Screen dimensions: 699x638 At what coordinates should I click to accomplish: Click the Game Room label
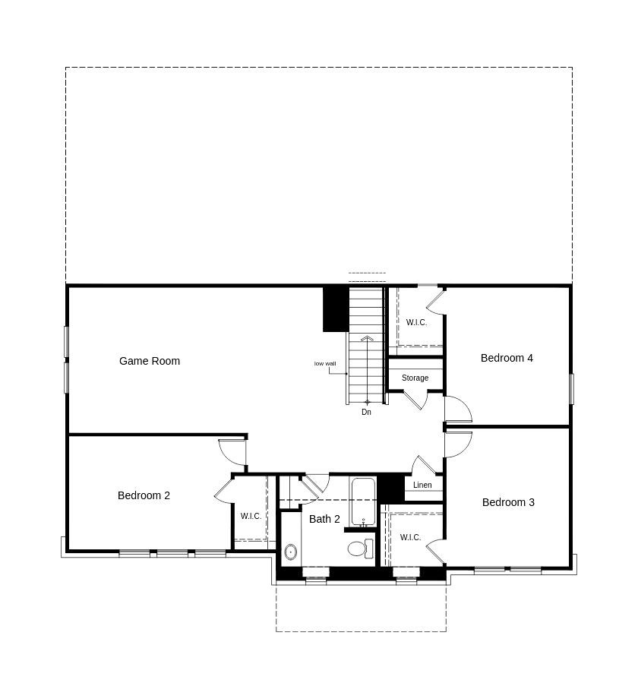(150, 361)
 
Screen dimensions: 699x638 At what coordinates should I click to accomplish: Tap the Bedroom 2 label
(144, 495)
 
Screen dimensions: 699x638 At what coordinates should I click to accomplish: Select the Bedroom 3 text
(508, 502)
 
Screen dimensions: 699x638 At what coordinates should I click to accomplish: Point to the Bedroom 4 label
(507, 358)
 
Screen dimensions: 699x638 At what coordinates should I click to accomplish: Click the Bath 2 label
(324, 519)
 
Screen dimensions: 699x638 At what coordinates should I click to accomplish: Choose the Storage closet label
(415, 378)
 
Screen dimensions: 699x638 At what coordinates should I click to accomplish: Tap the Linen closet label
(422, 485)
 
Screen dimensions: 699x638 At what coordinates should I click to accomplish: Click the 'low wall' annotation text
(325, 363)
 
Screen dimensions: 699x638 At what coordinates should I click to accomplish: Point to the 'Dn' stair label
(366, 412)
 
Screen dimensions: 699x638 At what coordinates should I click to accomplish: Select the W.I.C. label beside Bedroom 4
(416, 322)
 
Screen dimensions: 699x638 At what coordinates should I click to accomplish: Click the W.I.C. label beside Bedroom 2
(251, 516)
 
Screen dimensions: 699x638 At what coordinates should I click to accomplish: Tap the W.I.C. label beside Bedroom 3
(410, 537)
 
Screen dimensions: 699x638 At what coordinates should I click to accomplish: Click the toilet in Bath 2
(360, 548)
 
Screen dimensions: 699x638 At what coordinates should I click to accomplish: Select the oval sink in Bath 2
(290, 552)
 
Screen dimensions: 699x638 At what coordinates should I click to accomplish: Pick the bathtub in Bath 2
(363, 501)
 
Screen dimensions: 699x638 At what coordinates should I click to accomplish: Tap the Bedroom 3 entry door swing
(458, 444)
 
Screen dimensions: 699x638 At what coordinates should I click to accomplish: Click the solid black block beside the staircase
(335, 308)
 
